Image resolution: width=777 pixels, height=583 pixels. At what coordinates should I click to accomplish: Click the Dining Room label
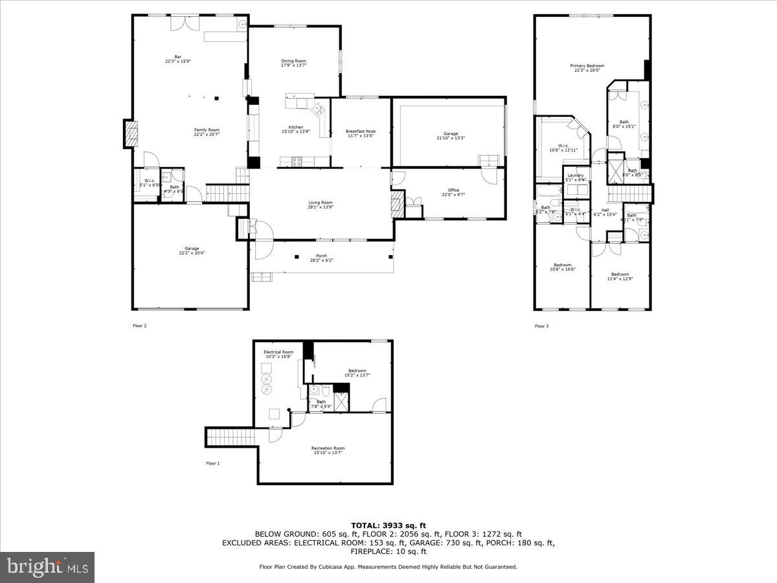coord(293,63)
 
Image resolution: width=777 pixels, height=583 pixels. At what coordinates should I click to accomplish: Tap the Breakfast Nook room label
coord(361,133)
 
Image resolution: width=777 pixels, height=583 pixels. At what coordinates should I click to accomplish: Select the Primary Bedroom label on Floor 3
coord(587,67)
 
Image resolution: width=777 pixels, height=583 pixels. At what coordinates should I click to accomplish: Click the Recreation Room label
coord(328,450)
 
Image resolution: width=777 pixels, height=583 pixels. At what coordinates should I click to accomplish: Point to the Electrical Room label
coord(278,354)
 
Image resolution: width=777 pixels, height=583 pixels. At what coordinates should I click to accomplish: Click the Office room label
coord(453,192)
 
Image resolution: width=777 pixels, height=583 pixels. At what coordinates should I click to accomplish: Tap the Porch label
coord(321,258)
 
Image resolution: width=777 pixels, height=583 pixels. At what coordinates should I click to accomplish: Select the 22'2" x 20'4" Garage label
coord(191,251)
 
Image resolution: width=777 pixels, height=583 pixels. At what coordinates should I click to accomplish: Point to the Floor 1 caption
coord(213,463)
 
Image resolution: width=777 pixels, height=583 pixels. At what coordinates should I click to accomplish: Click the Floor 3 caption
coord(541,326)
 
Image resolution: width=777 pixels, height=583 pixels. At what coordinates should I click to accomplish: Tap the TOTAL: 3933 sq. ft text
coord(388,525)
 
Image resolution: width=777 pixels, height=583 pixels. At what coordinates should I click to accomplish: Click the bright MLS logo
coord(47,567)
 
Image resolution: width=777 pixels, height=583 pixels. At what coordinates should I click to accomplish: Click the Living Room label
coord(321,204)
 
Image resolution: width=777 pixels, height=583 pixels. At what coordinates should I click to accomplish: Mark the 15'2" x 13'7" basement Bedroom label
coord(357,372)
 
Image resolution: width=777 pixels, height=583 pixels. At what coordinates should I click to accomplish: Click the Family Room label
coord(207,131)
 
